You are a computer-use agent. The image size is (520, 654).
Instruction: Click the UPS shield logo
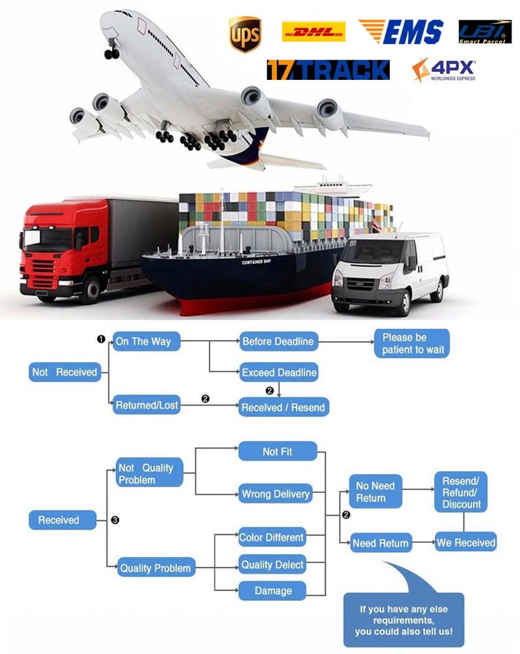point(244,34)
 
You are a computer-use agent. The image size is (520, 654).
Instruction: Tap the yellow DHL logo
point(313,31)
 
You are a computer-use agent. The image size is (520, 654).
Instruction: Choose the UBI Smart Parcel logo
point(485,31)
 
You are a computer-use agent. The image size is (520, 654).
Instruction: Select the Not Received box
point(64,372)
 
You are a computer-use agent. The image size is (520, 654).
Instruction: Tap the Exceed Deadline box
point(279,372)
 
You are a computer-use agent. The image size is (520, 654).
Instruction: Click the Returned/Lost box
point(147,405)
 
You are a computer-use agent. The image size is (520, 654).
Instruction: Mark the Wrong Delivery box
point(276,493)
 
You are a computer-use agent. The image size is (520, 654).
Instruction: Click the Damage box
point(272,590)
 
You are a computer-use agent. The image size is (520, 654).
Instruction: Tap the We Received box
point(466,543)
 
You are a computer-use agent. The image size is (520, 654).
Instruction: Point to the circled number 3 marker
point(115,520)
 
